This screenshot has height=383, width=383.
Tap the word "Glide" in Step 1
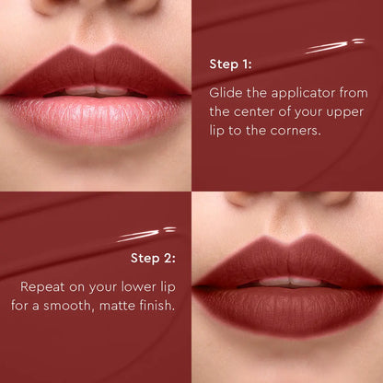point(226,93)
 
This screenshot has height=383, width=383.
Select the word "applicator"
point(300,93)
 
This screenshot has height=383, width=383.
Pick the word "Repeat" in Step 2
point(44,284)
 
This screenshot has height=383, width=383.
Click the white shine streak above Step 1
point(337,44)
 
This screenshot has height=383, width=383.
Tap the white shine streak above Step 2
point(147,234)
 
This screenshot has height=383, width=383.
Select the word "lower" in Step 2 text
point(129,284)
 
